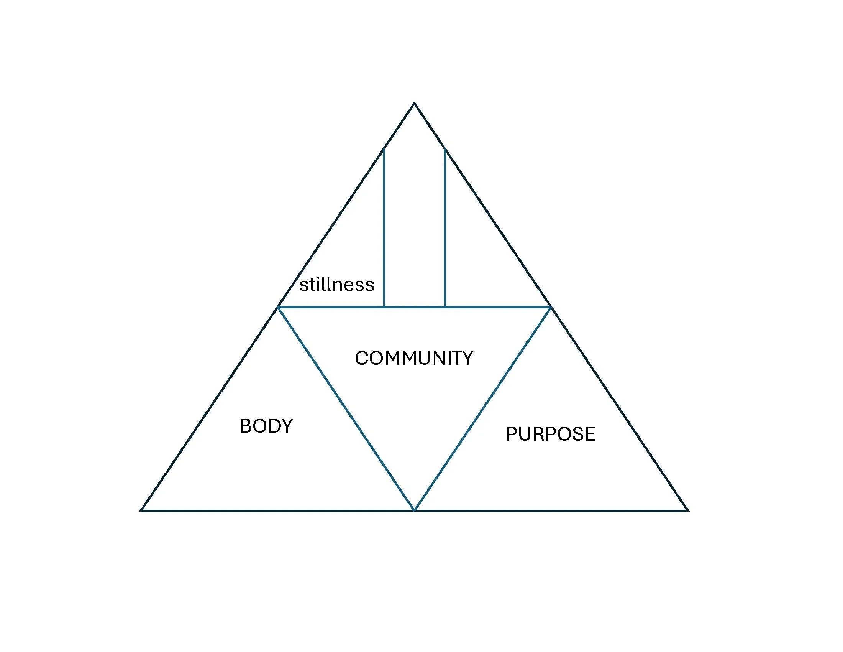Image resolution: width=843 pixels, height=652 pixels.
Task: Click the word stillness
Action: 336,285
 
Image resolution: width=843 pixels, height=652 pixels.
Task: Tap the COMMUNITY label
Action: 414,358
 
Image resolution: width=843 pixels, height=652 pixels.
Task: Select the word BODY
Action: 266,426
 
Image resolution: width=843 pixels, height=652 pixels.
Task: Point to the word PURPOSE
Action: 550,434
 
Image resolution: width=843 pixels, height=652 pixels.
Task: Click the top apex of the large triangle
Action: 414,103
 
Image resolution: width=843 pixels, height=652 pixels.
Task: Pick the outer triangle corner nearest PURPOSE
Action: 687,510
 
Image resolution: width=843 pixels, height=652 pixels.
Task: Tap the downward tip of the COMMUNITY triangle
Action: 414,510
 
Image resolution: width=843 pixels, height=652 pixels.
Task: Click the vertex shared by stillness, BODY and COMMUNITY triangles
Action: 278,308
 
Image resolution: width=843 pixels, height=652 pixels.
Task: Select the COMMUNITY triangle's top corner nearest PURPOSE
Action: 550,308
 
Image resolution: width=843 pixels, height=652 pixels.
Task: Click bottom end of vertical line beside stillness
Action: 384,307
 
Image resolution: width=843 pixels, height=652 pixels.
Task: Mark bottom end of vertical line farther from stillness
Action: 445,307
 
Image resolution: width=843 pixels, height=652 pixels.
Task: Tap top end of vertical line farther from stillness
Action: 445,149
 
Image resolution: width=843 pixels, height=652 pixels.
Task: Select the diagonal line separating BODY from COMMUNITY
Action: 346,409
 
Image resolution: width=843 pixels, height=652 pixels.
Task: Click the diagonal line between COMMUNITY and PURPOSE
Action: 482,409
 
